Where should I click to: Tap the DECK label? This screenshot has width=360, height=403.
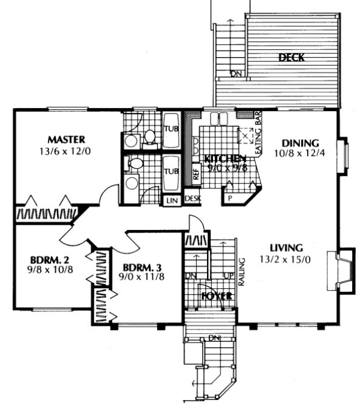[291, 58]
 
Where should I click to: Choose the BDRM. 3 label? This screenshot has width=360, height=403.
[142, 268]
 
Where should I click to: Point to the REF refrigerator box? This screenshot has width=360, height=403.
[196, 172]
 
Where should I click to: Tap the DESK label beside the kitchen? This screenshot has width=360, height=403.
[192, 198]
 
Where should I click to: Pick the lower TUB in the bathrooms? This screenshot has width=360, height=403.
[170, 172]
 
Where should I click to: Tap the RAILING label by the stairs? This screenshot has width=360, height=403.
[242, 270]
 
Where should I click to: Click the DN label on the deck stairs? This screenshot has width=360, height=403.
[235, 75]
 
